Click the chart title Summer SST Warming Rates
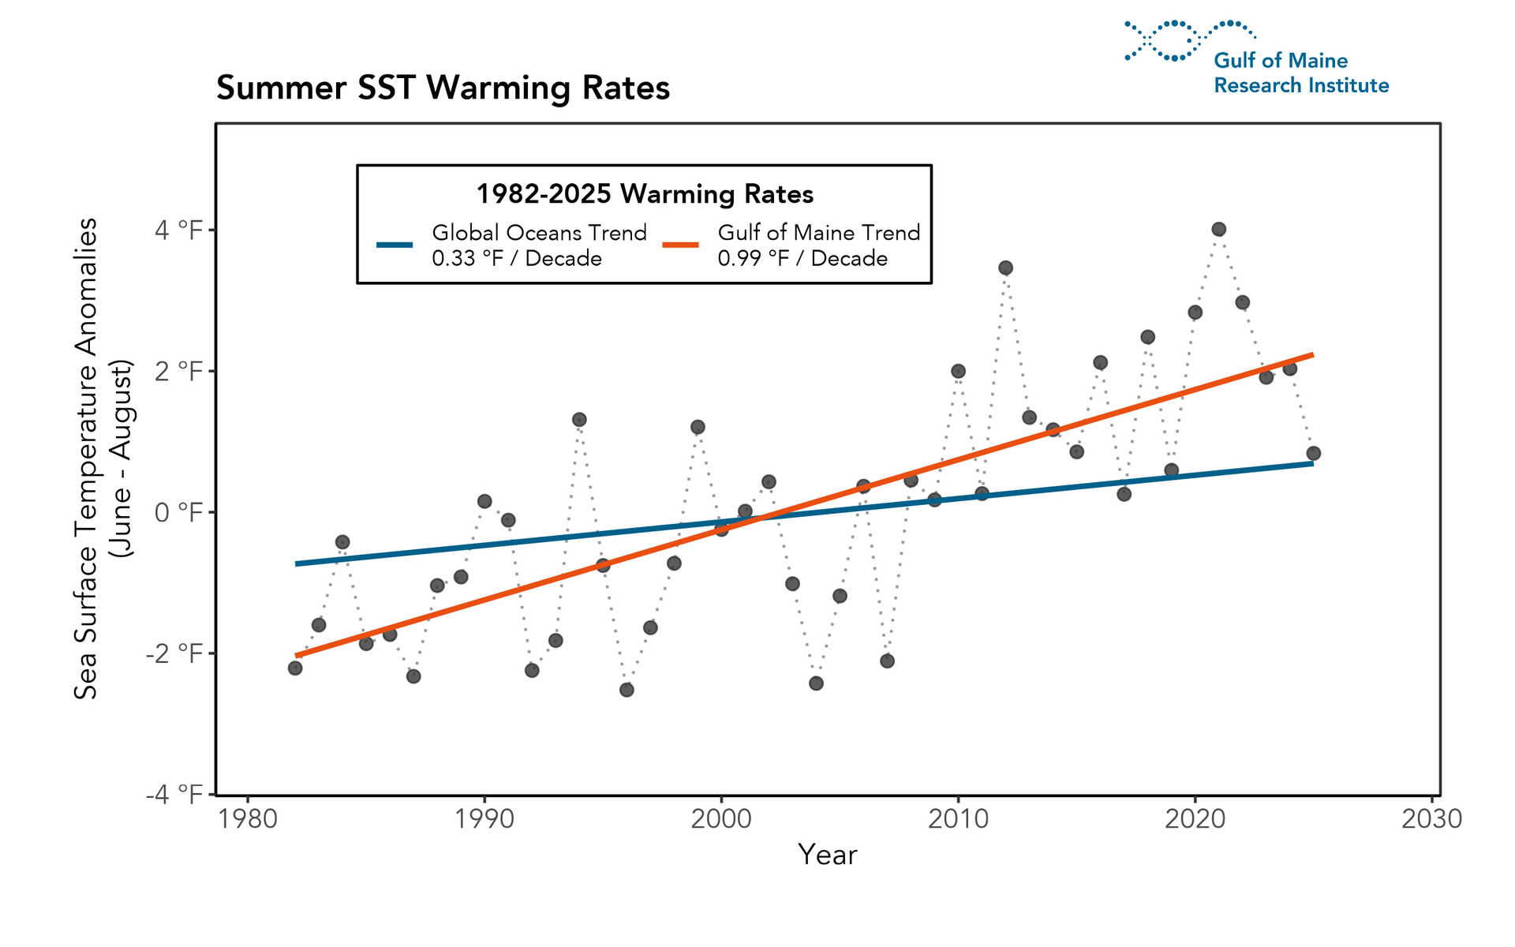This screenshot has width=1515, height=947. (x=443, y=88)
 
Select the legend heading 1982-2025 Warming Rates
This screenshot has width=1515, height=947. (x=644, y=194)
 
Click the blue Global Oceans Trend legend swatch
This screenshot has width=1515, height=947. (x=395, y=245)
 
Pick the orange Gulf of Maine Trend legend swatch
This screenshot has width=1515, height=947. (x=680, y=245)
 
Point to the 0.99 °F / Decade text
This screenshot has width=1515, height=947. (x=802, y=259)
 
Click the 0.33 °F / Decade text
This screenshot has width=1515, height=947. (x=517, y=259)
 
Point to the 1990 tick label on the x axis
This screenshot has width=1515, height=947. (x=484, y=819)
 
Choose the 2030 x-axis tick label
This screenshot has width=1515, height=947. (x=1431, y=819)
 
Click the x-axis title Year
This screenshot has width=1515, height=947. (x=827, y=855)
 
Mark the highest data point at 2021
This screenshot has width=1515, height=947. (x=1218, y=230)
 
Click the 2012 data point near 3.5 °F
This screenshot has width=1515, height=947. (x=1005, y=268)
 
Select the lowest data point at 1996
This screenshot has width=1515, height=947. (x=627, y=690)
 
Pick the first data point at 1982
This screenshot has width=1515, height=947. (x=295, y=668)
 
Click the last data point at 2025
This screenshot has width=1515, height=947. (x=1313, y=453)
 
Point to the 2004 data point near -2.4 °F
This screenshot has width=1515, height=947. (x=816, y=683)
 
